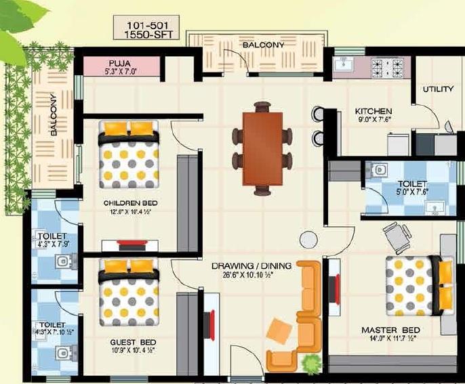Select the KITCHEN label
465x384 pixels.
click(x=373, y=111)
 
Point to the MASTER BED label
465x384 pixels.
click(x=390, y=330)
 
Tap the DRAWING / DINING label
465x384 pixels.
click(x=251, y=266)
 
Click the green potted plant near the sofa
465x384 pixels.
click(x=311, y=364)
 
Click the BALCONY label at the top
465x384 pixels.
click(x=263, y=45)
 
